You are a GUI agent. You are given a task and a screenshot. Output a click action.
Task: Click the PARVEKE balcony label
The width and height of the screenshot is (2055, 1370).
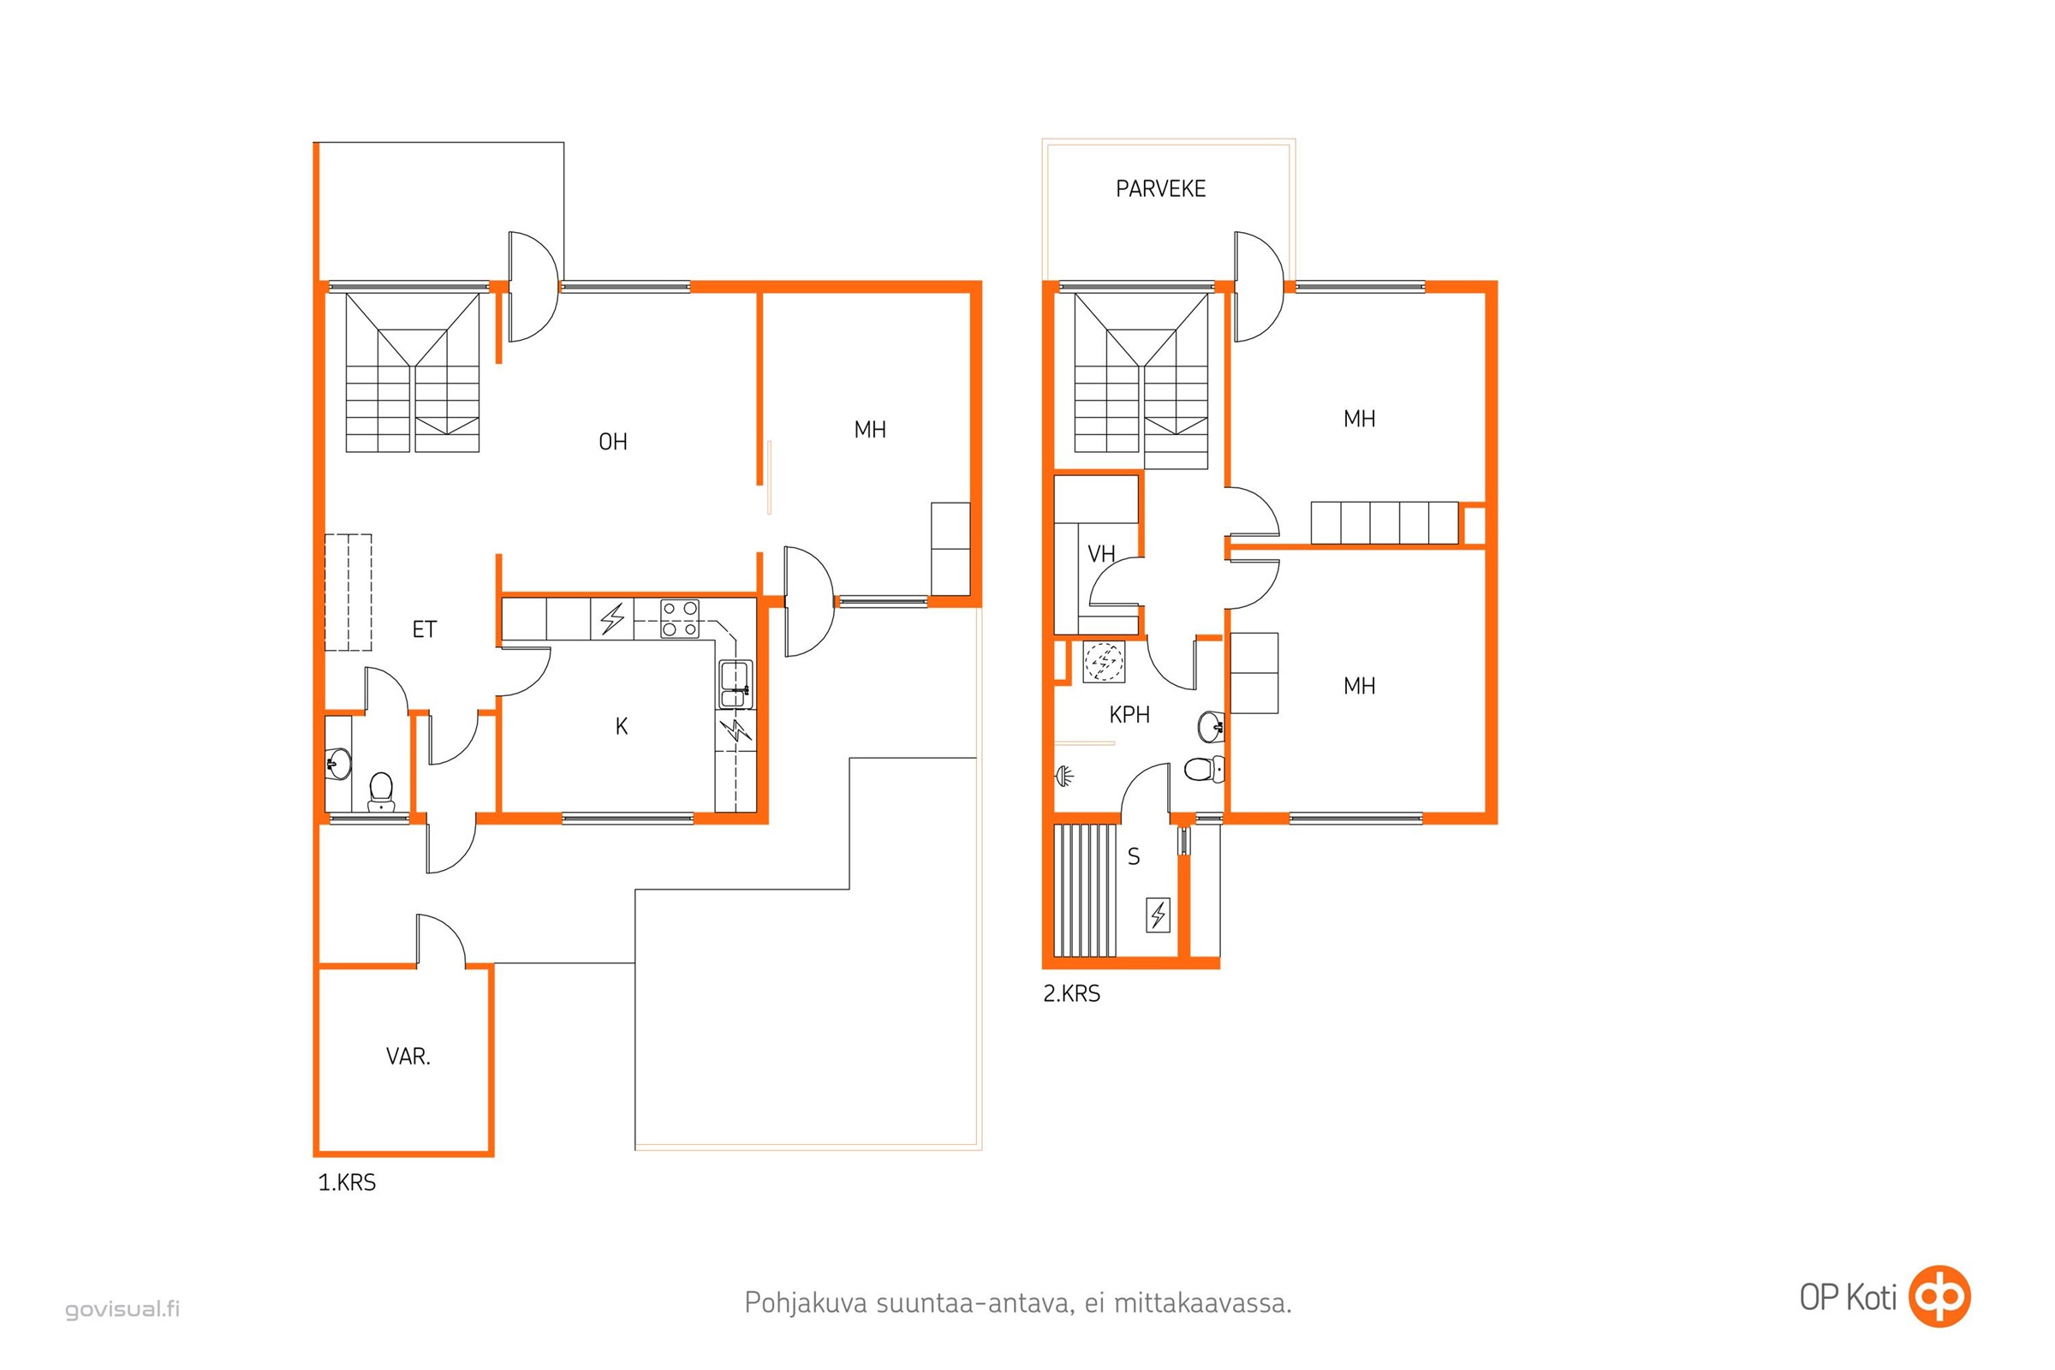pyautogui.click(x=1160, y=188)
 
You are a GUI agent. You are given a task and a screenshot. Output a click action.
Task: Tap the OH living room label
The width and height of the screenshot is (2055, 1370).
pyautogui.click(x=612, y=442)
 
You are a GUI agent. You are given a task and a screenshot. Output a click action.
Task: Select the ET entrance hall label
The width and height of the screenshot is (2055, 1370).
pyautogui.click(x=424, y=629)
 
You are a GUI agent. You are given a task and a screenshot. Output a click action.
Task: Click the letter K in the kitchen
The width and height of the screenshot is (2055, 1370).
pyautogui.click(x=622, y=726)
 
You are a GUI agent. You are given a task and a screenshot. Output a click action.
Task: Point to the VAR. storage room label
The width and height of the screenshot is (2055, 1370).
pyautogui.click(x=408, y=1057)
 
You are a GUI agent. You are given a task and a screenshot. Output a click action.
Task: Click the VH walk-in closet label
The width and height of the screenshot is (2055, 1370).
pyautogui.click(x=1101, y=554)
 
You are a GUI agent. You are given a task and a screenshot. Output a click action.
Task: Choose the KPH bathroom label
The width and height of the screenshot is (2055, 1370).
pyautogui.click(x=1129, y=715)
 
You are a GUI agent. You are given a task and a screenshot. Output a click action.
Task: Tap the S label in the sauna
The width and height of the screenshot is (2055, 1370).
pyautogui.click(x=1133, y=857)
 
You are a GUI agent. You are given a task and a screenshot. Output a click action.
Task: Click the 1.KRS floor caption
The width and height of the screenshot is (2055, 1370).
pyautogui.click(x=347, y=1183)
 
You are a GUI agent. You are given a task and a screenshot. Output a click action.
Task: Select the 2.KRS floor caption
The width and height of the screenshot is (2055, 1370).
pyautogui.click(x=1071, y=993)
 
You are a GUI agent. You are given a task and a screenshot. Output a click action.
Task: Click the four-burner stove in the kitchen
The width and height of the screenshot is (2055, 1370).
pyautogui.click(x=679, y=617)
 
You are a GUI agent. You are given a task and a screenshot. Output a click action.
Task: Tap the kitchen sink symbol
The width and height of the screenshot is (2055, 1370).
pyautogui.click(x=736, y=685)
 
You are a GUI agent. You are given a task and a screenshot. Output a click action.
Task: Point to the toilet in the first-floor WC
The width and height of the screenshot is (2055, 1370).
pyautogui.click(x=381, y=790)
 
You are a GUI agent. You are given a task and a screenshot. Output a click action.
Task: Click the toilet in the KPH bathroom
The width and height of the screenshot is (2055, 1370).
pyautogui.click(x=1205, y=769)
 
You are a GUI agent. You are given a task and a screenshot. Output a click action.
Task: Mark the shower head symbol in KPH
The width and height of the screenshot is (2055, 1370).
pyautogui.click(x=1063, y=775)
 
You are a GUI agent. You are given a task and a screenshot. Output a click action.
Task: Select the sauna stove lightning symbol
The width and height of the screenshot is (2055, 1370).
pyautogui.click(x=1158, y=915)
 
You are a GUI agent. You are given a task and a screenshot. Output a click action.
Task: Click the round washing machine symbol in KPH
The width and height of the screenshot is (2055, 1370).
pyautogui.click(x=1104, y=662)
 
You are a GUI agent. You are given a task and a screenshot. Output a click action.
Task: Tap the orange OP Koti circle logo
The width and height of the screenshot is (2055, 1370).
pyautogui.click(x=1939, y=1296)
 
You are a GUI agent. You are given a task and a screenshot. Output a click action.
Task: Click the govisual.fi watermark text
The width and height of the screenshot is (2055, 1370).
pyautogui.click(x=122, y=1309)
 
